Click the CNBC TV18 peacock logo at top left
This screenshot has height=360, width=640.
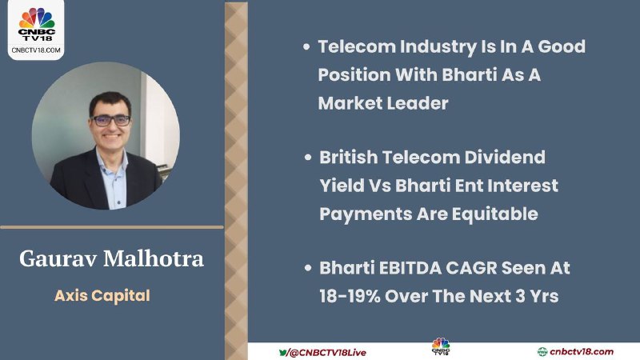pos(36,24)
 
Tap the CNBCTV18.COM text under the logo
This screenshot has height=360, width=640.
pos(36,50)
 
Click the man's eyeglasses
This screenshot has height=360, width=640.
pos(110,121)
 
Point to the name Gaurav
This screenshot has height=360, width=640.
pos(58,258)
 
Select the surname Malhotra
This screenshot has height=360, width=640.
pos(154,258)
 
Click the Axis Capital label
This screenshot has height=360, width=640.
pos(102,296)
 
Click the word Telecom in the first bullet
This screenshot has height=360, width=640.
pos(356,46)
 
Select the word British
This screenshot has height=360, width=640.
pos(349,157)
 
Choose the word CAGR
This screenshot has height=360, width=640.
pos(471,268)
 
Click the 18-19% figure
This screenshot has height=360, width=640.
pos(350,296)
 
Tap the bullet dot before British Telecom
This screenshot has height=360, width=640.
pos(308,158)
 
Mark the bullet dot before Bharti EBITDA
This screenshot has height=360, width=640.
pos(308,268)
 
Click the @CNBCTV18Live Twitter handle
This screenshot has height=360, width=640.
pos(327,353)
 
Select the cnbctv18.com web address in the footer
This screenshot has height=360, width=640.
pos(582,352)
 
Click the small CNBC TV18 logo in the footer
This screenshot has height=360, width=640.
pos(441,346)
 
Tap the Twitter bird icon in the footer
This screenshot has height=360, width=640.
pos(283,352)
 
